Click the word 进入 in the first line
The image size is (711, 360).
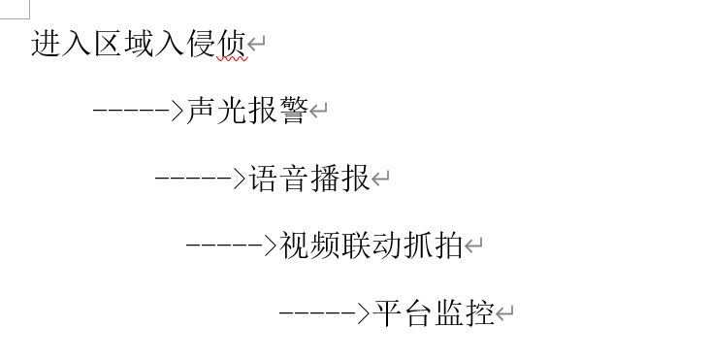(x=61, y=44)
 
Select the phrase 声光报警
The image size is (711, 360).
(x=246, y=111)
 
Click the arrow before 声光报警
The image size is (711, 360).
(x=138, y=111)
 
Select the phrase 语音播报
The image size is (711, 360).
(x=308, y=179)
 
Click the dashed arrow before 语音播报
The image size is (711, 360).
(x=200, y=179)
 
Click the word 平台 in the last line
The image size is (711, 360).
(x=402, y=312)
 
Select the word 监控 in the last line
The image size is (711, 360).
(x=464, y=312)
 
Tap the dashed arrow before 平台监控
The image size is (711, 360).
(x=324, y=312)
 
